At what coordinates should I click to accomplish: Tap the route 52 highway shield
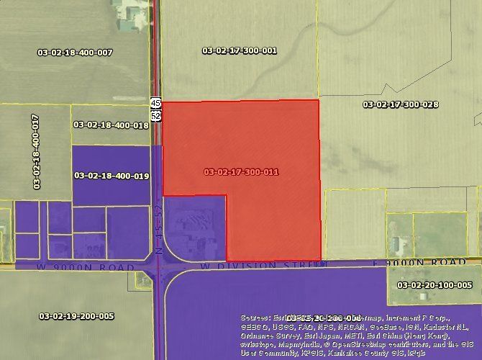click(x=155, y=115)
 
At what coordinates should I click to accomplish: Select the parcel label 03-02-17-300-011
click(x=241, y=172)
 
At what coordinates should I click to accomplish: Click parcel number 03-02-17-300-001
click(x=240, y=51)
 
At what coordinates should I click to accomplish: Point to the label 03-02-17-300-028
click(x=401, y=104)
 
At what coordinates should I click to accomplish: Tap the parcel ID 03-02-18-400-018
click(x=111, y=125)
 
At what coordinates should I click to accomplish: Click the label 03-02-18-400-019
click(x=112, y=175)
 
